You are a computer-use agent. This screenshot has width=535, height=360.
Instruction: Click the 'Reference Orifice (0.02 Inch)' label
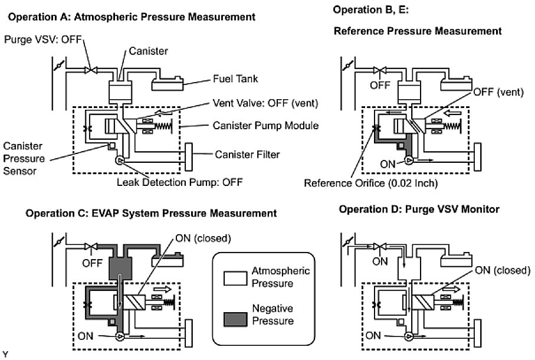[370, 183]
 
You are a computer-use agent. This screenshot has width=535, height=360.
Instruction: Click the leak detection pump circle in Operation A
[120, 161]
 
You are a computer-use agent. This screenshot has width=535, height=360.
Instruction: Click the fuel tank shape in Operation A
[170, 82]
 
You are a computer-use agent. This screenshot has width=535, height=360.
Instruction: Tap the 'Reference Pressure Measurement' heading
[418, 31]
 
